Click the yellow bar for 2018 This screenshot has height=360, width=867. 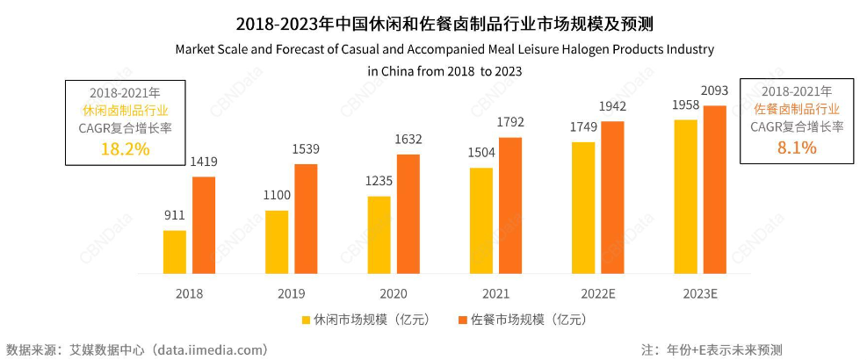click(175, 252)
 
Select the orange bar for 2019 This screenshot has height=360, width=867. click(306, 219)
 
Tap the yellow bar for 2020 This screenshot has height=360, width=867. click(379, 235)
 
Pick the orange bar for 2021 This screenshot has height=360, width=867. click(509, 205)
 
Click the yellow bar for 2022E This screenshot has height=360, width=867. click(583, 207)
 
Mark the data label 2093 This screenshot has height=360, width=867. click(716, 92)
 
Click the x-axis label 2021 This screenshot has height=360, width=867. click(495, 293)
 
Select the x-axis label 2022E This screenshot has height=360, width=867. click(597, 293)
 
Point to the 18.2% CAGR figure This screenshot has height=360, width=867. click(126, 148)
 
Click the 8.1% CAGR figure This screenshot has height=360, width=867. click(797, 148)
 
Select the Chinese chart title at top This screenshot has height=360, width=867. click(433, 19)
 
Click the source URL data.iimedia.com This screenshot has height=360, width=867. click(211, 349)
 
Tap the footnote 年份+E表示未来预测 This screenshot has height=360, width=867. click(723, 349)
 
